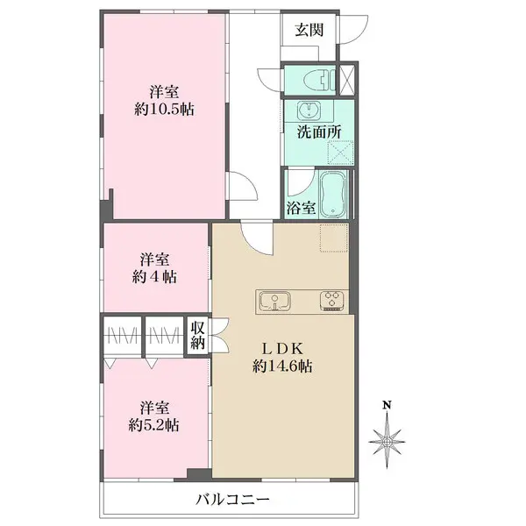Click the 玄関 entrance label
[309, 30]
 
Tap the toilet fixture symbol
[319, 80]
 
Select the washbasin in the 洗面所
[309, 110]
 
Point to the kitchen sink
[275, 301]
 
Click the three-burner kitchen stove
[331, 300]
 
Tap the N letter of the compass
[387, 405]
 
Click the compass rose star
[387, 442]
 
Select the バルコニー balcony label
[232, 501]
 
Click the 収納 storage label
[198, 335]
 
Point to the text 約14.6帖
[282, 366]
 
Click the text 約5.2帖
[153, 425]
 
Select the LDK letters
[282, 349]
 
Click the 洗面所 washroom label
[319, 132]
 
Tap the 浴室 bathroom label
[302, 208]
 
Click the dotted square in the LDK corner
[334, 238]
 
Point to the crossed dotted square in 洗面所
[340, 153]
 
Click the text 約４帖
[154, 277]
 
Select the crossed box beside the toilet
[347, 80]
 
